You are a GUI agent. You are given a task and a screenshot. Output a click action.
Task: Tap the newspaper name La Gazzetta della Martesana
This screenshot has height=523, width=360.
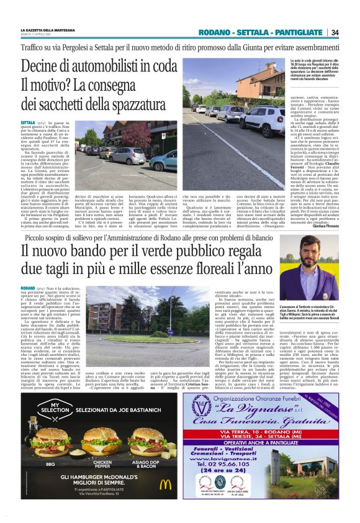click(x=50, y=29)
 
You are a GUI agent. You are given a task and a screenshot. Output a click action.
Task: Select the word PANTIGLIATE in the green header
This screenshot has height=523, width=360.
click(x=304, y=32)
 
